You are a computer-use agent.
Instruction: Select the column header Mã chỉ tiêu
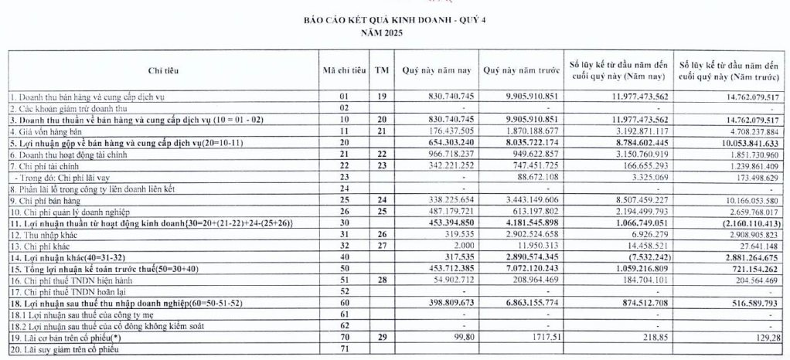pos(342,70)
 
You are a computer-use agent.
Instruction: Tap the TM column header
pos(380,70)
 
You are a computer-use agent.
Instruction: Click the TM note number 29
pos(380,338)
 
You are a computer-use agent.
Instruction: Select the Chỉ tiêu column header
pos(163,70)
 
